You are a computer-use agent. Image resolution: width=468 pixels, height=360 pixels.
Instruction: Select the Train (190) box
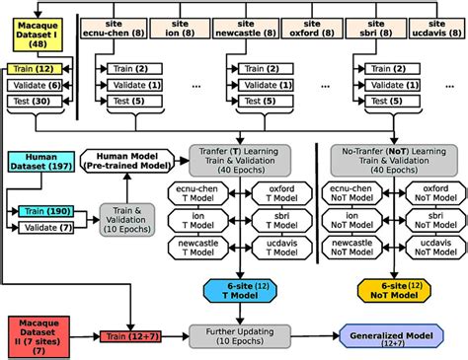tap(51, 211)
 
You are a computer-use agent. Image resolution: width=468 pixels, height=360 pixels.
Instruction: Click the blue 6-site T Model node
tap(230, 290)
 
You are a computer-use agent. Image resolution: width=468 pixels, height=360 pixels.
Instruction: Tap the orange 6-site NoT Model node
tap(392, 290)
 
